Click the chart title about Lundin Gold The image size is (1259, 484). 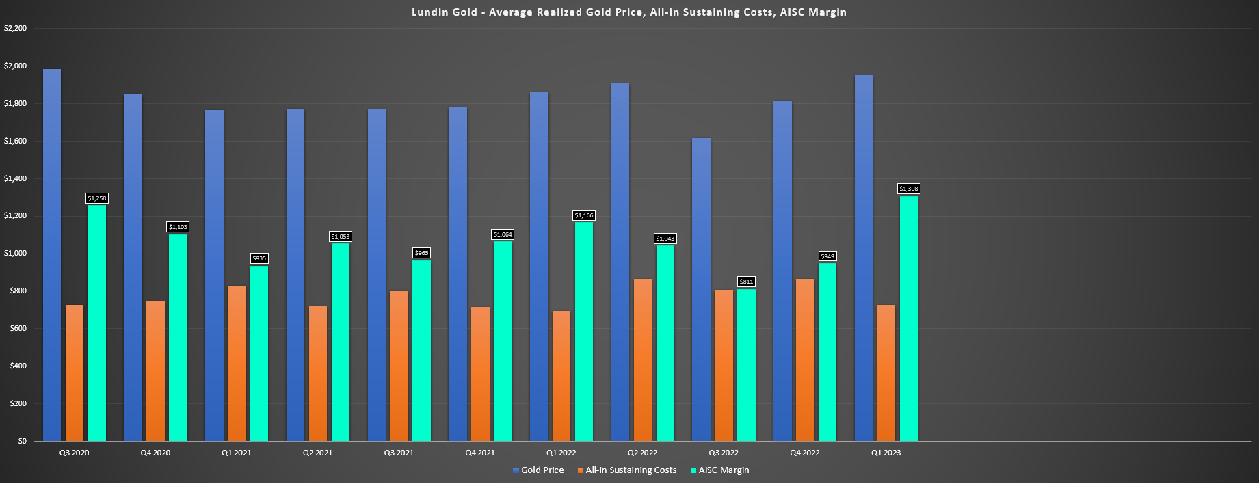(x=628, y=12)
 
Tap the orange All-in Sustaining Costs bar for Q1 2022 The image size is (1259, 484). (x=561, y=376)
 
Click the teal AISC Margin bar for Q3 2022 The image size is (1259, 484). (x=746, y=366)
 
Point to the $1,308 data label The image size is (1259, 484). (x=908, y=189)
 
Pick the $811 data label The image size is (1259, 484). (x=746, y=282)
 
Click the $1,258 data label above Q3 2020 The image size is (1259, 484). (x=96, y=198)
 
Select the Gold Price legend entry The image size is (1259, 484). (x=538, y=470)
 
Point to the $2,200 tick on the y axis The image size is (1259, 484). (x=15, y=29)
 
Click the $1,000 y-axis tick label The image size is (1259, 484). (x=15, y=254)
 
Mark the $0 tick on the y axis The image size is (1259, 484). (x=22, y=441)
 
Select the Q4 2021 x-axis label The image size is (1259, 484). (x=480, y=453)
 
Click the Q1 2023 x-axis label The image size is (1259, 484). (x=886, y=453)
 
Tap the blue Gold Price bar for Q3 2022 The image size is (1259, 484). (x=701, y=291)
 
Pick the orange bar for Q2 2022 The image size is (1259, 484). (x=643, y=360)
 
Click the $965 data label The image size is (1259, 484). (x=421, y=253)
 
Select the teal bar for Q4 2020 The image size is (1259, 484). (x=178, y=338)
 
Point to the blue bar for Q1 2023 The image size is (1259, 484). (x=864, y=260)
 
